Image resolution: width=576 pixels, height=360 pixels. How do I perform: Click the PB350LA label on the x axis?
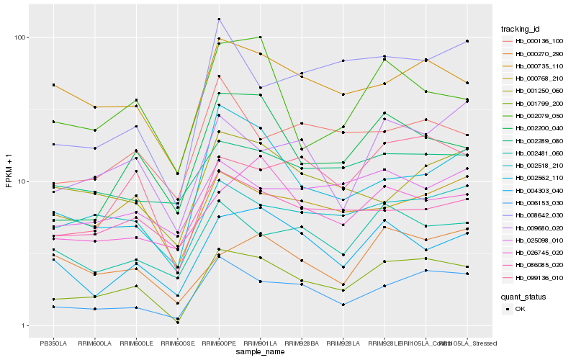[x=53, y=343]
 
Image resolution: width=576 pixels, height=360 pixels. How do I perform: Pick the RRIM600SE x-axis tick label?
[x=177, y=343]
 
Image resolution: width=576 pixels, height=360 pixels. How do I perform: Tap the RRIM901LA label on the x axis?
[x=260, y=343]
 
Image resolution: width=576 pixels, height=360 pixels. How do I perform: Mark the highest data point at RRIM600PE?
[x=219, y=19]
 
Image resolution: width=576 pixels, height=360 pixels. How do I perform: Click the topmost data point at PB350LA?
[x=53, y=85]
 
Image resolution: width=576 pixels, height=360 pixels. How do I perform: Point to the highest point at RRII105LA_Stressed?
[x=467, y=41]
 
